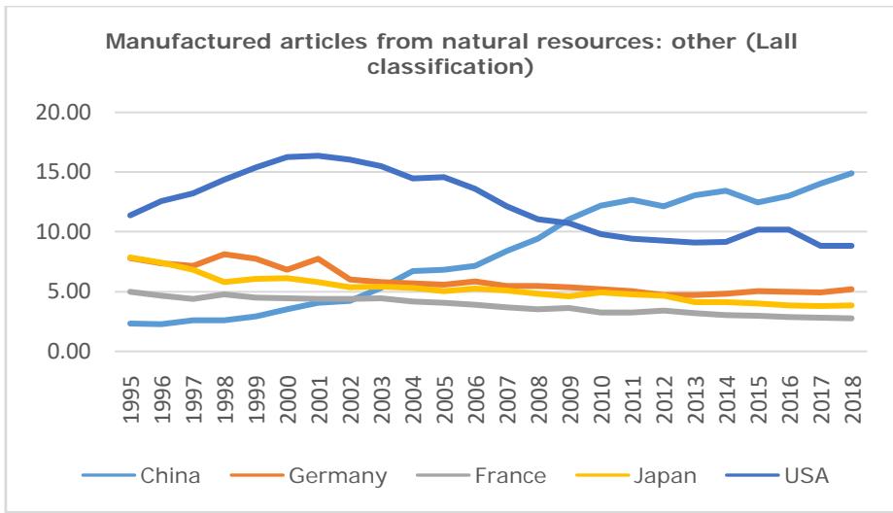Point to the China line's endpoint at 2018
852,173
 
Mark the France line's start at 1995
131,291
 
